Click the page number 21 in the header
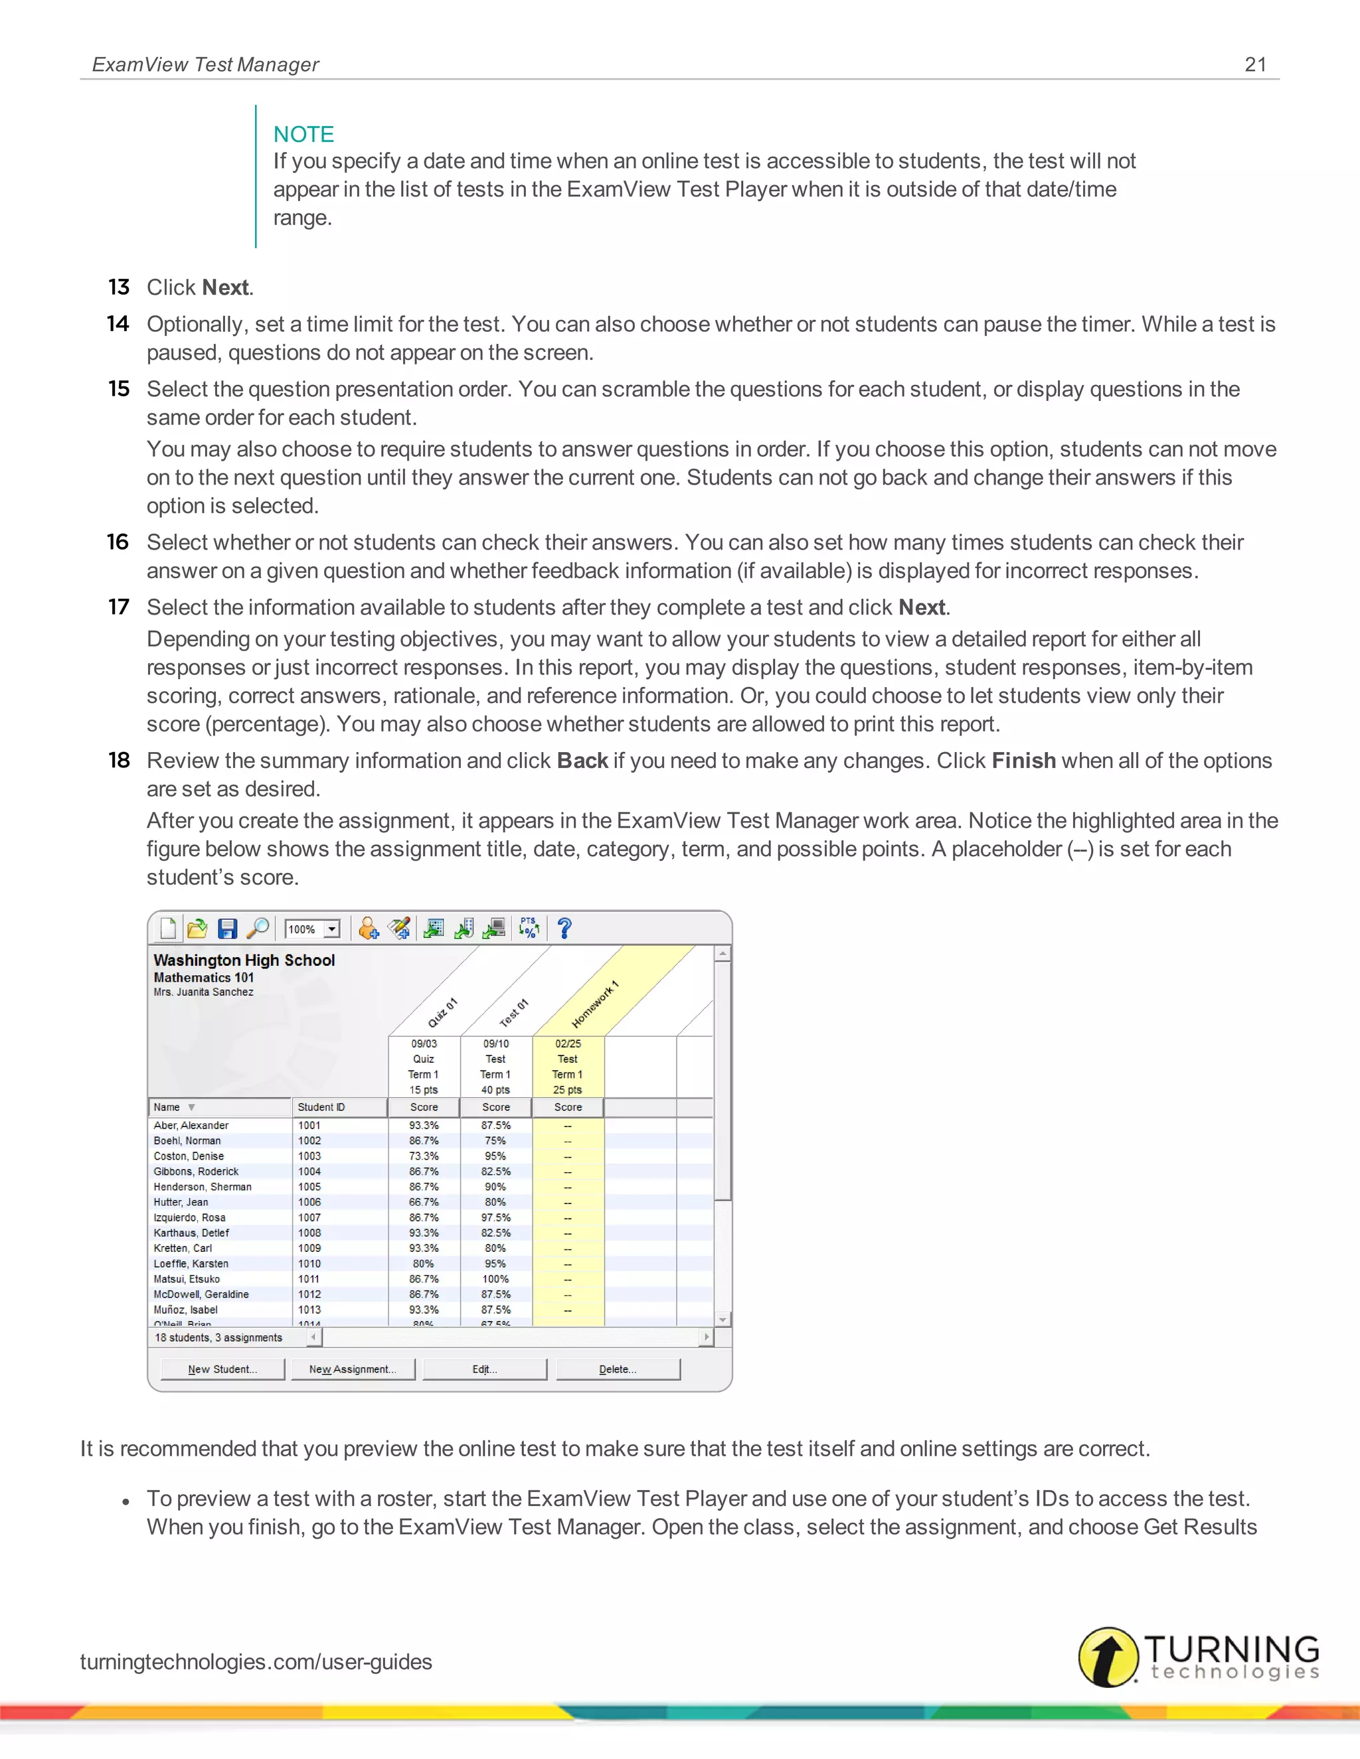(x=1254, y=64)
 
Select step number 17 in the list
(x=118, y=607)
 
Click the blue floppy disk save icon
(x=227, y=929)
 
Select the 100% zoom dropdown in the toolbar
(x=313, y=929)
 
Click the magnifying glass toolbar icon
(x=258, y=929)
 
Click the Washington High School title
(x=244, y=960)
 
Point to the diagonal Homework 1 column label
(x=594, y=1004)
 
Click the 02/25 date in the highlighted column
(x=568, y=1044)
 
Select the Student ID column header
(x=321, y=1107)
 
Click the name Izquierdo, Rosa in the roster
(x=189, y=1218)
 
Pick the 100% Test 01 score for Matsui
(x=495, y=1279)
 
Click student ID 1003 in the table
(x=309, y=1156)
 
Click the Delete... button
(x=618, y=1369)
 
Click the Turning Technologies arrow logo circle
(x=1108, y=1657)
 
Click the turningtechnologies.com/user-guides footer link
(x=256, y=1661)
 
